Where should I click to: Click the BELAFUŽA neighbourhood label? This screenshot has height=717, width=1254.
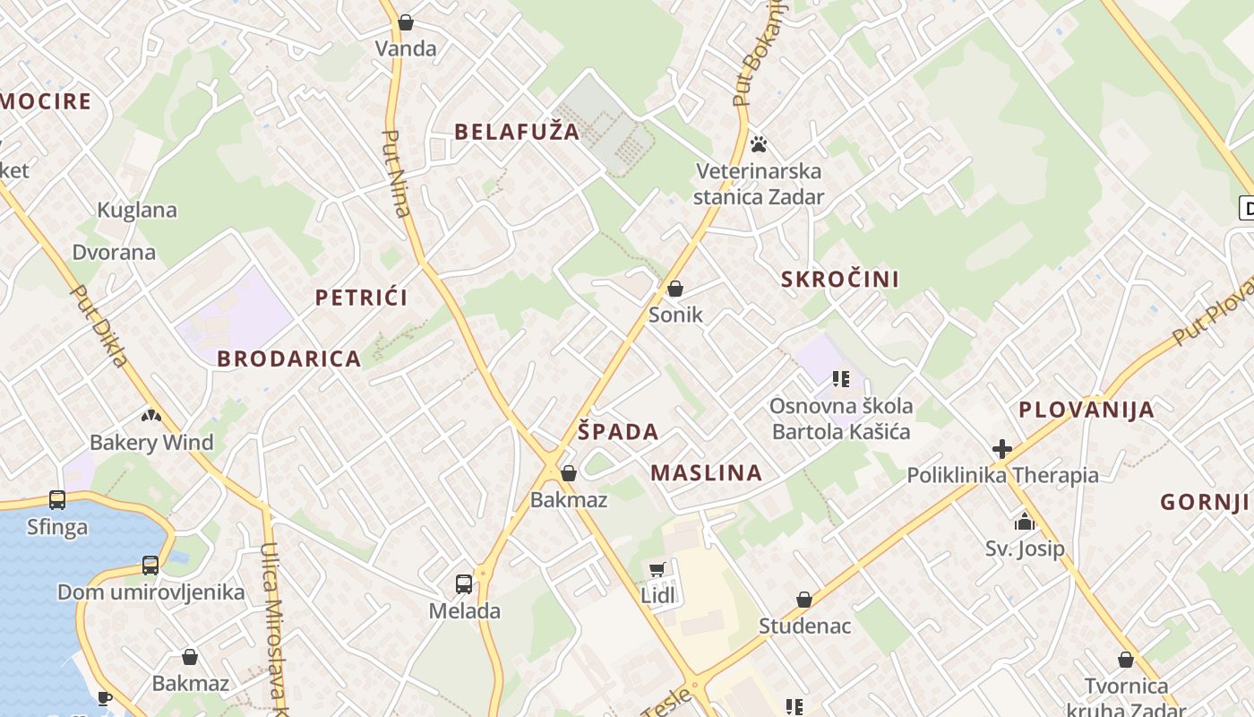(517, 132)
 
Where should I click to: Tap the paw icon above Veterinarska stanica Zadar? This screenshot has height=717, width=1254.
(759, 143)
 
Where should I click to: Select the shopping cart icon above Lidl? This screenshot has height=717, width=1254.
(657, 569)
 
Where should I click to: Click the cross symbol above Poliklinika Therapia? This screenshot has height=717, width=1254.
(1002, 449)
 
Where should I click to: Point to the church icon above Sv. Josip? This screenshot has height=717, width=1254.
(1025, 522)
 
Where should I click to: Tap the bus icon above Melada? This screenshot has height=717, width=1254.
(464, 584)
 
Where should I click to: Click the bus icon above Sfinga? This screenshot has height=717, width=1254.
(57, 499)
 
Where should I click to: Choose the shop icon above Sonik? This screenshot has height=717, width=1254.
(675, 289)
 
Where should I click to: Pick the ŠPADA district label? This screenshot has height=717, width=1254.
(618, 432)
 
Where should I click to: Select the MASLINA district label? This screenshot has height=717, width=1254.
(706, 473)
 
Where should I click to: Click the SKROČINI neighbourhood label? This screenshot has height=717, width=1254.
(840, 279)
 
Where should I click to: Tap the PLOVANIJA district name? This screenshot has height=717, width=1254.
(1087, 410)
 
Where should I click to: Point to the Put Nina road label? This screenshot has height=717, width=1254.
(396, 174)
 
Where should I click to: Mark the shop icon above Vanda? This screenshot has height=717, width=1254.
(406, 22)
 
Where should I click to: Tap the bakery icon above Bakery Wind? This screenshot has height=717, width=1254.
(151, 416)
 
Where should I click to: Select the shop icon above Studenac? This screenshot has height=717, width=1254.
(804, 600)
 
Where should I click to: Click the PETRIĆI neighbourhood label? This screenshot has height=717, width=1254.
(361, 298)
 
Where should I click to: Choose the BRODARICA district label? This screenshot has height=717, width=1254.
(288, 358)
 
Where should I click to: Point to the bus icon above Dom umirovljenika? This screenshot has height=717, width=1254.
(150, 566)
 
